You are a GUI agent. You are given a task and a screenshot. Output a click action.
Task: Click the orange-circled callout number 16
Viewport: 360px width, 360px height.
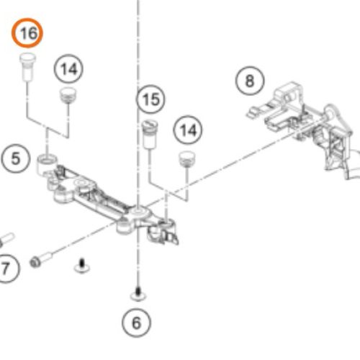point(27,33)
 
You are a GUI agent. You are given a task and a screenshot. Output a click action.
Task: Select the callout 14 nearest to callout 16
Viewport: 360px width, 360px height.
point(68,69)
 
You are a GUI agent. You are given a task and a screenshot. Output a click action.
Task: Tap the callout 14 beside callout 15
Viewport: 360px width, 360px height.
point(188,130)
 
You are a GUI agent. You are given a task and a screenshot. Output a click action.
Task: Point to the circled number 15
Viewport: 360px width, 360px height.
point(150,99)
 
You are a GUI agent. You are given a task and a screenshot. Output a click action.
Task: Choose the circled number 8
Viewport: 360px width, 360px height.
point(250,81)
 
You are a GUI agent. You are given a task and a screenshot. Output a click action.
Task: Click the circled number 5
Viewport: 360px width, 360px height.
point(16,158)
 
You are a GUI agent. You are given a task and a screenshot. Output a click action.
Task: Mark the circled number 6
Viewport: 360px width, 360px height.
point(136,323)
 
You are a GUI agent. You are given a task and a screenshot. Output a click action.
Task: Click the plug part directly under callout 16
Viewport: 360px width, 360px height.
point(27,67)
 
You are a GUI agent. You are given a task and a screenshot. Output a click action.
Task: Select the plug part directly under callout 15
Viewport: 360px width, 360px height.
point(150,134)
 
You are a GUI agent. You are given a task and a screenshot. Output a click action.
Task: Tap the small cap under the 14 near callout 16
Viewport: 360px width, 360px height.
point(68,95)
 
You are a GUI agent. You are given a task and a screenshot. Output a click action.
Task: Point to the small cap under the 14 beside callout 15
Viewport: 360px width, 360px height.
point(187,159)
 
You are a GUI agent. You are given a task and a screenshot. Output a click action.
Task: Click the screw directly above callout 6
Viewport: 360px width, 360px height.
point(138,294)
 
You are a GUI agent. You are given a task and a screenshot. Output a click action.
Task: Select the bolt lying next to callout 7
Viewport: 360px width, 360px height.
point(41,260)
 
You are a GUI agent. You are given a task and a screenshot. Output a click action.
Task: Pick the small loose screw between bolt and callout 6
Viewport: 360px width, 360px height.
point(82,266)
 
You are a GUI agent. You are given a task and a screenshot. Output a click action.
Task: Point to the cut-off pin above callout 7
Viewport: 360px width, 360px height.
point(6,240)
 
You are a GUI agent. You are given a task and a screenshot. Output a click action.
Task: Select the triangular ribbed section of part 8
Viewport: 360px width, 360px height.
point(336,145)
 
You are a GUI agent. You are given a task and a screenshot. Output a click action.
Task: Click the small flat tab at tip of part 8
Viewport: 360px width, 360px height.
point(253,112)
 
